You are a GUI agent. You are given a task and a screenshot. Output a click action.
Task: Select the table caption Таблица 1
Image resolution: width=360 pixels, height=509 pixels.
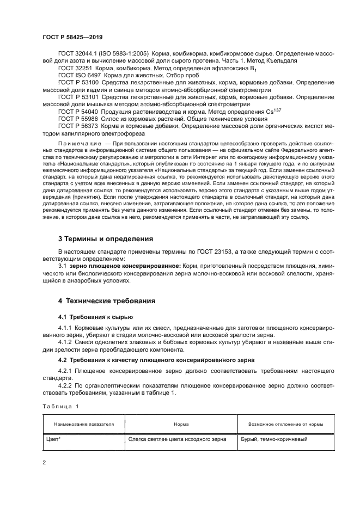click(x=61, y=406)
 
